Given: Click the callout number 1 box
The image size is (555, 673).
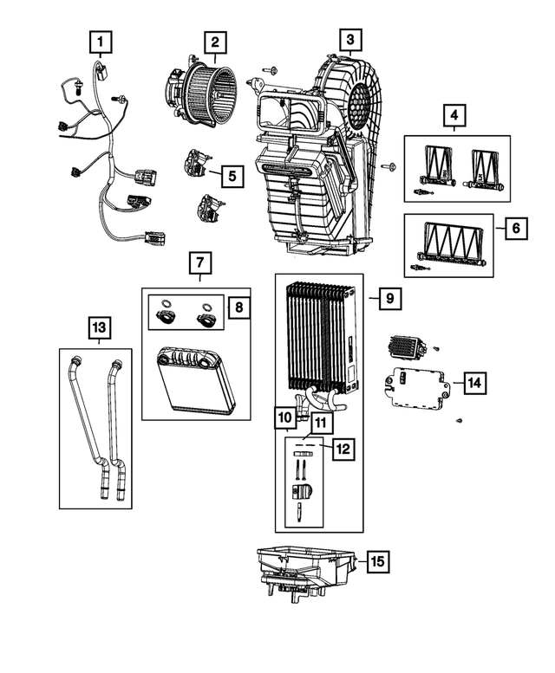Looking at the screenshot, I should (x=101, y=41).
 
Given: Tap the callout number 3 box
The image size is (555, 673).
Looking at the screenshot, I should (x=349, y=39).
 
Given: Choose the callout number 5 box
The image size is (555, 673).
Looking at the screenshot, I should (x=232, y=176).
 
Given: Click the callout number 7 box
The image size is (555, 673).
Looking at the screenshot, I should (x=199, y=261).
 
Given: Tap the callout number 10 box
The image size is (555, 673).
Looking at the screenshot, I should (x=286, y=418).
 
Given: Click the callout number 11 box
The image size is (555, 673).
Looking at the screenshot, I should (x=321, y=423).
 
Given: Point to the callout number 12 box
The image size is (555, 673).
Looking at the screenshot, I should (x=343, y=449).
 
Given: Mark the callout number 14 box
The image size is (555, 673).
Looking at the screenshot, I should (x=473, y=381).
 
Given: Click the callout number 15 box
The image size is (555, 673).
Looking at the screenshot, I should (x=377, y=561).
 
